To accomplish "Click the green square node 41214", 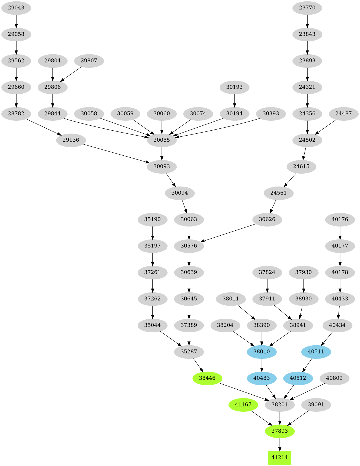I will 280,457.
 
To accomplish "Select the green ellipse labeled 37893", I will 280,431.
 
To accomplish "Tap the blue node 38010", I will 262,352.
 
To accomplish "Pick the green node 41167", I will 243,405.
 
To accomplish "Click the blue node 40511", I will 316,352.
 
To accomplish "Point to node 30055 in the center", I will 162,140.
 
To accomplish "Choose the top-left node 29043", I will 16,8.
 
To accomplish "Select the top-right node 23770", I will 307,8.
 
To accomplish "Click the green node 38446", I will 207,378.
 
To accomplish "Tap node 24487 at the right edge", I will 343,114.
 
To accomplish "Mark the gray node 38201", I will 280,405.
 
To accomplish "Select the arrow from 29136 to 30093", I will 116,153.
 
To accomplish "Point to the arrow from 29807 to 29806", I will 71,74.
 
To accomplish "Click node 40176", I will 340,219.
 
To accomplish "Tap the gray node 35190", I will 152,219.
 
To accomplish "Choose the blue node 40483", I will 262,378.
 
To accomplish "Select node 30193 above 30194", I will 234,87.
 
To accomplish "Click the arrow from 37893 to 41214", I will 280,444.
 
